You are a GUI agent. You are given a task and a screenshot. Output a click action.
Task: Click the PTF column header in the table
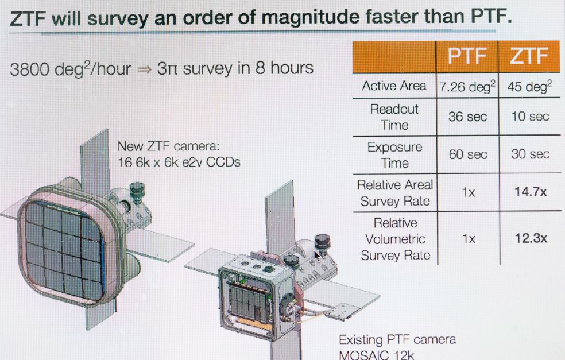[467, 57]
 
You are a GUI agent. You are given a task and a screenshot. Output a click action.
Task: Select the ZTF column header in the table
[529, 57]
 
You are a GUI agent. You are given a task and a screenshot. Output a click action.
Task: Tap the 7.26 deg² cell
[467, 87]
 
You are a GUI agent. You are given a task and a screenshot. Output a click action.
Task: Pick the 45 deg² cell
[529, 87]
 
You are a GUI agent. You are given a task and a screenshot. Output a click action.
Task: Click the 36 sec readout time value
[467, 117]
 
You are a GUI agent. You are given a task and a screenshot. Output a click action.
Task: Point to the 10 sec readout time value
[530, 117]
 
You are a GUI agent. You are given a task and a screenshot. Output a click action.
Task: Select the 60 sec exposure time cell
[468, 154]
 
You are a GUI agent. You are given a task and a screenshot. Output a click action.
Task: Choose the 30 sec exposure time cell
[530, 154]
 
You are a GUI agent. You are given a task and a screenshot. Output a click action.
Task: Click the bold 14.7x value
[531, 192]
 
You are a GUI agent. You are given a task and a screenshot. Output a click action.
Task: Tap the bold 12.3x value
[531, 238]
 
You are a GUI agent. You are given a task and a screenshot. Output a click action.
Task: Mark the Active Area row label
[394, 86]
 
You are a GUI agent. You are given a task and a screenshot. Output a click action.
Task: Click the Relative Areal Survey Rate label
[395, 193]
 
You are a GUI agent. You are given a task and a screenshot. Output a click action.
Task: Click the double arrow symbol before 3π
[145, 69]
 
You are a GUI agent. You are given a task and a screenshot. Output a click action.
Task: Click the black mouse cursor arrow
[317, 256]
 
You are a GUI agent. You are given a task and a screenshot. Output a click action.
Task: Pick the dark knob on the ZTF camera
[137, 192]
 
